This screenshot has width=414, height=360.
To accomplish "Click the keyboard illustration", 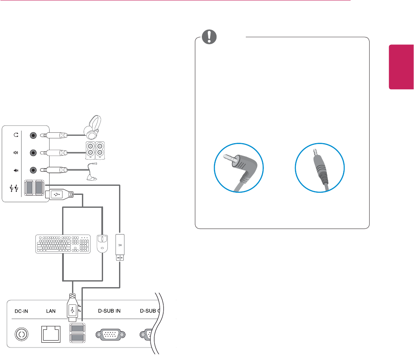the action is pos(63,244).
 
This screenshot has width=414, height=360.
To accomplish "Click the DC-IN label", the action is pos(21,310).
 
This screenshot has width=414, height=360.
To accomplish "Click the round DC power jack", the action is pos(21,334).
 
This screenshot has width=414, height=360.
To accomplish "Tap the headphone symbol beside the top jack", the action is pos(16,135).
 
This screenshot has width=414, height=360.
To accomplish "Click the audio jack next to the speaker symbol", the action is pos(33,152).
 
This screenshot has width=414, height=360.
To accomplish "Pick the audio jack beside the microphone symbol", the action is pos(33,169).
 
